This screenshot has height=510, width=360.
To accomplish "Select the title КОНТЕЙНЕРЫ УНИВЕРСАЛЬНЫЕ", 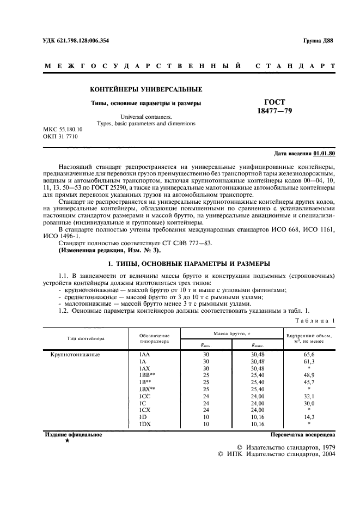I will click(146, 89).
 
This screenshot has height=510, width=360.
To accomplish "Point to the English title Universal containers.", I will click(146, 116).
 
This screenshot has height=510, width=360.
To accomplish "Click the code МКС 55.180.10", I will click(62, 129).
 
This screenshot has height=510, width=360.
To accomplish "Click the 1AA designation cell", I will click(145, 354).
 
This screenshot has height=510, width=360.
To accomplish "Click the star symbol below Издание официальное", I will click(67, 440).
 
